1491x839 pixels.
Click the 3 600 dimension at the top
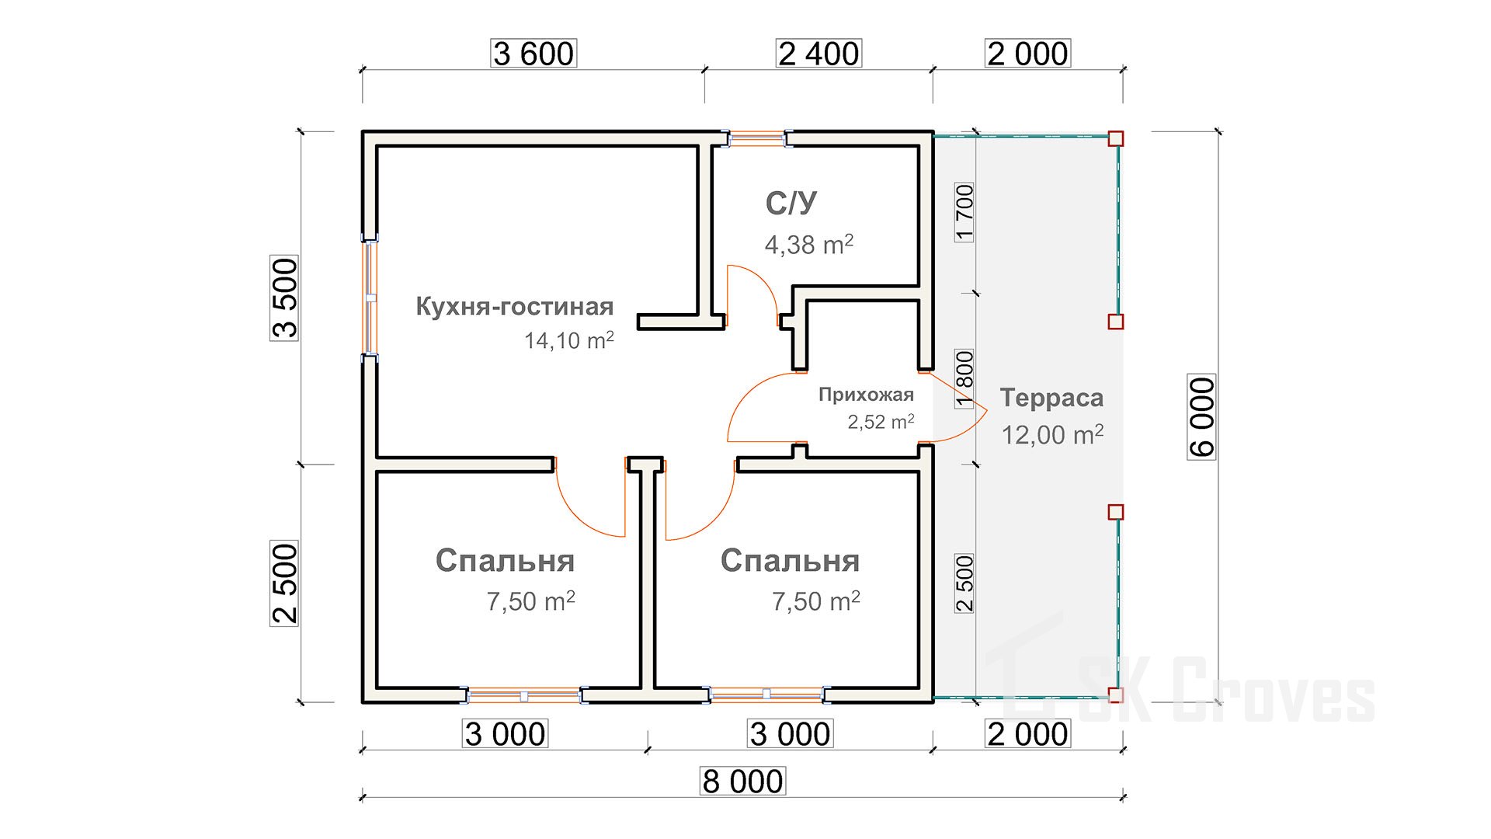533,54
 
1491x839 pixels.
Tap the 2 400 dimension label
818,54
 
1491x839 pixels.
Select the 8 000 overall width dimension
742,782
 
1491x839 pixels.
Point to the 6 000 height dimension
1201,417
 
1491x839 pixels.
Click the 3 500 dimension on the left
284,298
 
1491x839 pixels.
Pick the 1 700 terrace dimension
964,212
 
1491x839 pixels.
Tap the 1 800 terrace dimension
964,378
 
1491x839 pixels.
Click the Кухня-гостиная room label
515,306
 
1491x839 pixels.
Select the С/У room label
791,204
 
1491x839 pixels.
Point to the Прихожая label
866,395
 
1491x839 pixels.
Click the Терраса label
1051,398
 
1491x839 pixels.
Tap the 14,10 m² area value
568,340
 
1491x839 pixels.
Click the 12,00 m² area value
1052,435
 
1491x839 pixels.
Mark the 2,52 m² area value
881,422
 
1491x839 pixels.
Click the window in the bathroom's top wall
758,139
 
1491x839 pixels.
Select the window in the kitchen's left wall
371,298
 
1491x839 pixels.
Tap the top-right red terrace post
1115,139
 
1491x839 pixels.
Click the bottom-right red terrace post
1115,695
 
